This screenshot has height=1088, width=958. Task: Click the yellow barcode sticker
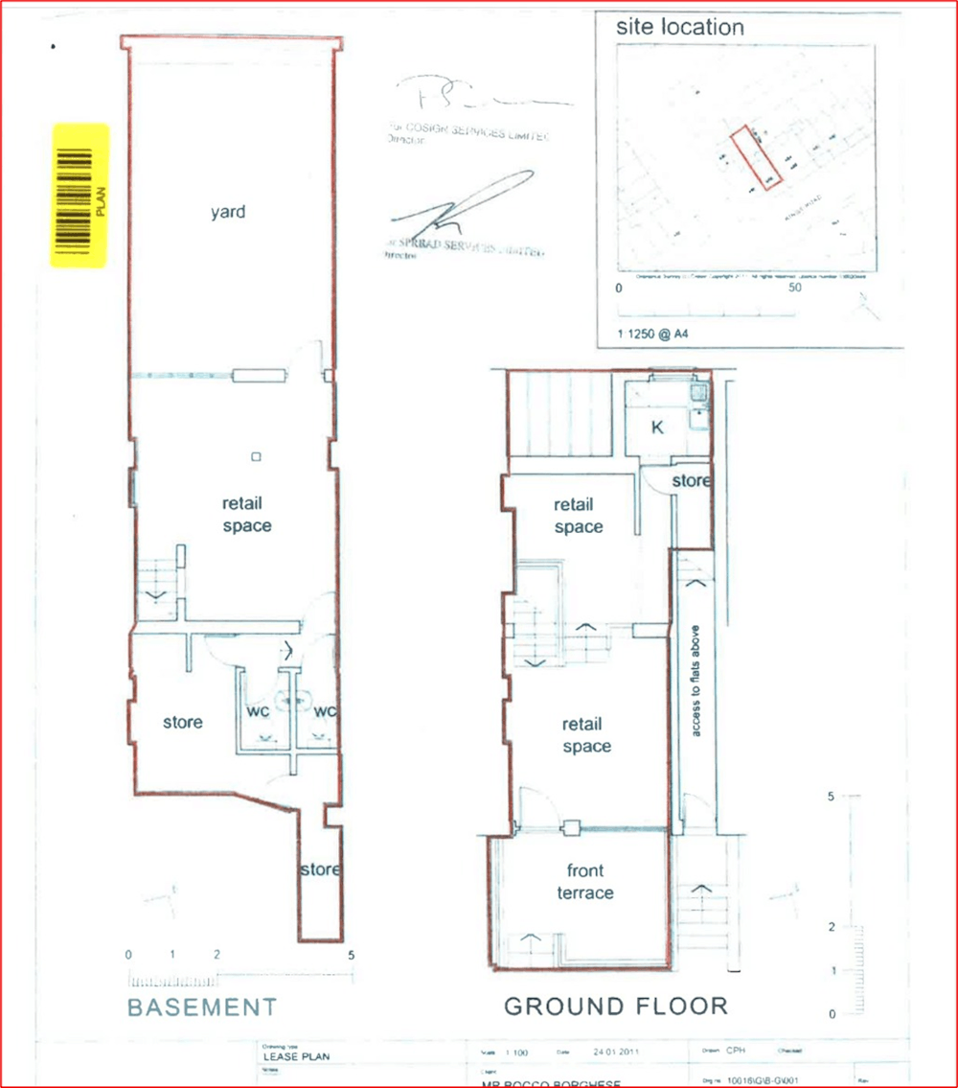point(80,196)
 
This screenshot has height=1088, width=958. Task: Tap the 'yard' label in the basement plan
point(227,212)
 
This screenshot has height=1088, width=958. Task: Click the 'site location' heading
point(679,27)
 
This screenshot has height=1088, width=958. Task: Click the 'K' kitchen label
point(656,428)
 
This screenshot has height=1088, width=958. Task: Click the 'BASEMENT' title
point(202,1007)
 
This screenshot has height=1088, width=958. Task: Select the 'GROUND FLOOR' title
point(616,1007)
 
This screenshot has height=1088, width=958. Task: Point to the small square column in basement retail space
point(255,456)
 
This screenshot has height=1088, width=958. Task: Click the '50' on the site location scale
point(794,288)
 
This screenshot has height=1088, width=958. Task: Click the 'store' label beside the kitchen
point(690,480)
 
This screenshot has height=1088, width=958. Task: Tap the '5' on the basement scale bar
point(352,956)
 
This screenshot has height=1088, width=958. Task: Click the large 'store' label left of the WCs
point(182,722)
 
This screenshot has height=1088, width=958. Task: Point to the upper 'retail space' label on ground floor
point(579,516)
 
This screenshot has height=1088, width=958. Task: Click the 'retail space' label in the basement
point(246,515)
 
